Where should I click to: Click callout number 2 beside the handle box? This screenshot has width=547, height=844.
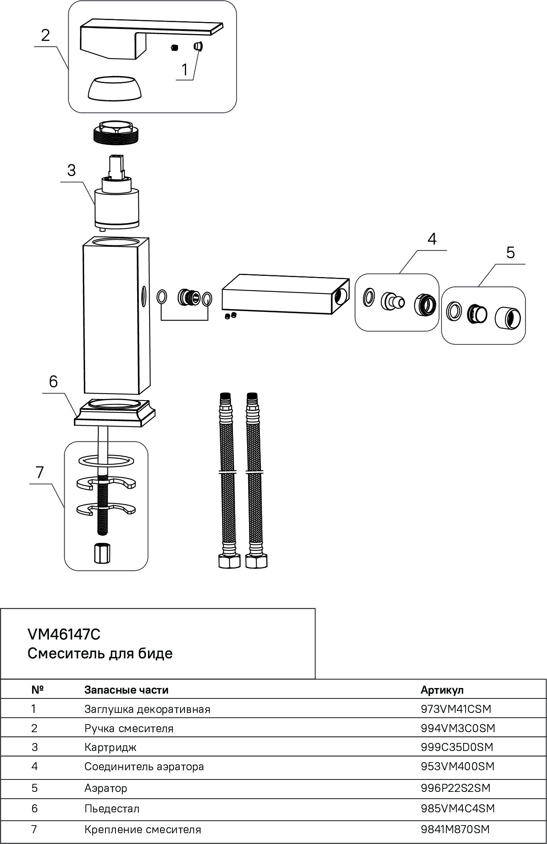point(45,35)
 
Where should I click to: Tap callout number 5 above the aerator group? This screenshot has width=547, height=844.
point(510,253)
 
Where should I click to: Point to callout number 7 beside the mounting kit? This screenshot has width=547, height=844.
point(39,472)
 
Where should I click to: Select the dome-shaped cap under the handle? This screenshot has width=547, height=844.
point(115,88)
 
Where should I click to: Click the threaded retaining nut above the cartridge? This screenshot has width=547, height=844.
point(115,133)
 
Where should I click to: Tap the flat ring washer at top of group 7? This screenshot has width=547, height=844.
point(106,461)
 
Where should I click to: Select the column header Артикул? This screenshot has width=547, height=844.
point(442,690)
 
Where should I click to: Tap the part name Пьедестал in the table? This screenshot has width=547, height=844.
point(112,809)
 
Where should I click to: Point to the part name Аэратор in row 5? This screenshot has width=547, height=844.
point(106,788)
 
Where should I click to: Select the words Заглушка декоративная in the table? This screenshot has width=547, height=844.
point(147,709)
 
